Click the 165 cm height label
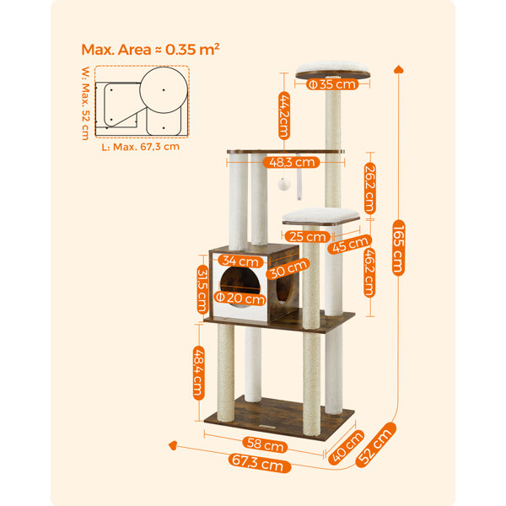399,248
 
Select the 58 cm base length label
265,444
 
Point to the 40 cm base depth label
346,447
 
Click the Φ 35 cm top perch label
332,84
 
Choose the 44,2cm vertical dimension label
284,116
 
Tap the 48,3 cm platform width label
292,162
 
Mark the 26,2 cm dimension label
370,189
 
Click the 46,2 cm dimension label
369,272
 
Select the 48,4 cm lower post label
199,373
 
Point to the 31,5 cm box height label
202,289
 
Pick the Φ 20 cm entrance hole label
240,298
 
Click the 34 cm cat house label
240,261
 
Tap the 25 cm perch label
307,236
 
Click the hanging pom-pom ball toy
284,184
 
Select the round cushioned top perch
333,70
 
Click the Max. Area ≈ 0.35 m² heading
150,50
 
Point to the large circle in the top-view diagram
164,90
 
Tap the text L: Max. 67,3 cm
140,147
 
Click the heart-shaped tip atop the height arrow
399,69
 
